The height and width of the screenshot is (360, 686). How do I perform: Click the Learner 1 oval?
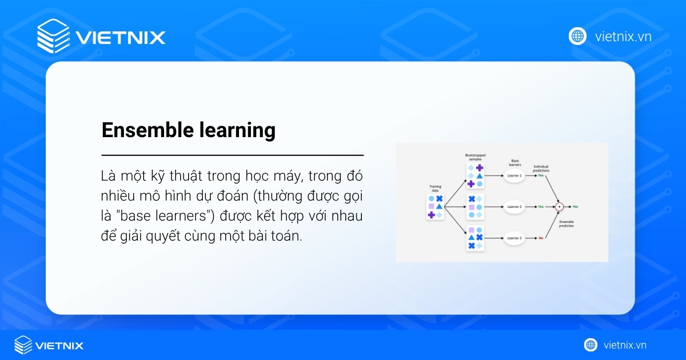click(x=514, y=175)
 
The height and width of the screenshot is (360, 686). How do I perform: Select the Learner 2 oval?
click(x=514, y=206)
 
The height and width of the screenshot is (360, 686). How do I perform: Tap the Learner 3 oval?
click(x=514, y=237)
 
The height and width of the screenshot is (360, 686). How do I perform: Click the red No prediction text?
click(x=541, y=237)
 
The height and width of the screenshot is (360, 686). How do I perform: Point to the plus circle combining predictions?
click(x=560, y=206)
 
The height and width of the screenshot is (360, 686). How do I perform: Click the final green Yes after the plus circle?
click(x=575, y=206)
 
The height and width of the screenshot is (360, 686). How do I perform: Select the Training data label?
click(x=435, y=188)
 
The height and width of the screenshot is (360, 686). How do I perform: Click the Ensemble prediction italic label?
click(x=567, y=223)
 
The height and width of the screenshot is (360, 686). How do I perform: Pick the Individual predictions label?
click(x=541, y=168)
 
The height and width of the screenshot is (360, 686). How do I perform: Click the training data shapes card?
click(x=435, y=207)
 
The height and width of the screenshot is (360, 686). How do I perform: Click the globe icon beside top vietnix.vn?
click(x=577, y=36)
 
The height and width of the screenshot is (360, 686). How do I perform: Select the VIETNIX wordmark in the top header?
click(x=120, y=38)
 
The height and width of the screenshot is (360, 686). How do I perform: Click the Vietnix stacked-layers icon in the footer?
click(x=23, y=345)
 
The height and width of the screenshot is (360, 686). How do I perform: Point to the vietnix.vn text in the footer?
click(x=625, y=345)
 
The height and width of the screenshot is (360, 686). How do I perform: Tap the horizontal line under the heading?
click(x=232, y=155)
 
